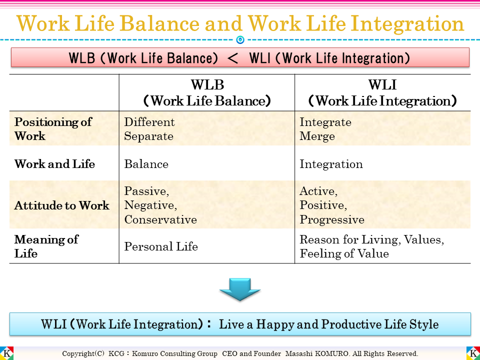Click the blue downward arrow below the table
240,289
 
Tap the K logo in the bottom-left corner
7,353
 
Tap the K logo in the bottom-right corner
473,353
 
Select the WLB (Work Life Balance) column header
207,92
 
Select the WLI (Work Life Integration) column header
382,92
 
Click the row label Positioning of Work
53,129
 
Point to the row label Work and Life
54,164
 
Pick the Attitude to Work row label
61,205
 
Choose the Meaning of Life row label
46,246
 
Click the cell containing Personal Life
161,246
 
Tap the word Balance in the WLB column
146,164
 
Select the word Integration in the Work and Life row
331,164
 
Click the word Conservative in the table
160,219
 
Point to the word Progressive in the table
332,219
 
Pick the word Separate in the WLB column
149,136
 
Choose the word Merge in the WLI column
317,136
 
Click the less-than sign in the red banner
233,58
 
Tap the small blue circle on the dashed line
240,39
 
